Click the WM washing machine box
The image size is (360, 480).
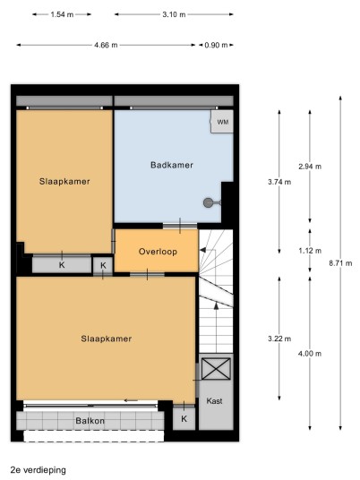point(222,122)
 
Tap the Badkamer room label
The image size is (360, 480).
point(172,165)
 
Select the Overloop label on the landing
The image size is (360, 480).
point(158,252)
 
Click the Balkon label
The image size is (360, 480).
point(90,421)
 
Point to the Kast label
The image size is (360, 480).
point(214,400)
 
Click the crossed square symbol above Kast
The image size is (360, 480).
point(216,369)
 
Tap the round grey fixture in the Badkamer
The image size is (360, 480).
point(208,202)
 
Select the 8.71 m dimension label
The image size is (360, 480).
point(340,263)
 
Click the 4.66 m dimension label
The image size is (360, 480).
point(106,45)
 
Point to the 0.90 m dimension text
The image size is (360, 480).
point(216,45)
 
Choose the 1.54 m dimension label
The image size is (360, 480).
point(62,14)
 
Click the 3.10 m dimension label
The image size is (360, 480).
point(174,14)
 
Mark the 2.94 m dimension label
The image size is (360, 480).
point(310,167)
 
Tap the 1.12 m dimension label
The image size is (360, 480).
point(310,251)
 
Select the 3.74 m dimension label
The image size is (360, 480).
point(279,182)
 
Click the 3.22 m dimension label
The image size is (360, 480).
point(279,339)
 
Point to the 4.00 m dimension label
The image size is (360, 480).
point(310,354)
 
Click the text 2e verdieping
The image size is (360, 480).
point(39,470)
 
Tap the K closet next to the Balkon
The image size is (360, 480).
point(184,418)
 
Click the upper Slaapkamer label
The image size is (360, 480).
point(64,181)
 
